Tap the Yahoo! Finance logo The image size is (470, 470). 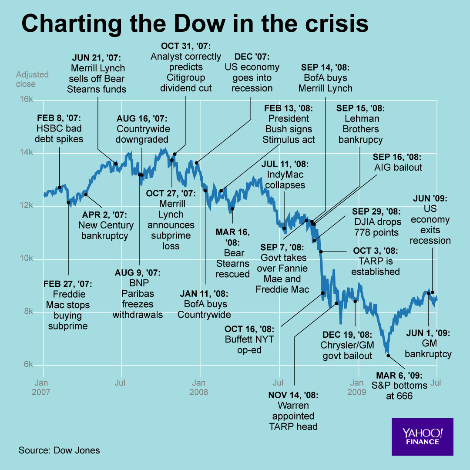pos(422,436)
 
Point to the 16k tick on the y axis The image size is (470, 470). pos(27,100)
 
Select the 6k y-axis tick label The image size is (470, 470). pos(28,365)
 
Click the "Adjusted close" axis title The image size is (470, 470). pos(32,79)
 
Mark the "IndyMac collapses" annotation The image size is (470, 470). pos(285,175)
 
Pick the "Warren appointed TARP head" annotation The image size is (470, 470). pos(293,411)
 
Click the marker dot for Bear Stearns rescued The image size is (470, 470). pos(232,209)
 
